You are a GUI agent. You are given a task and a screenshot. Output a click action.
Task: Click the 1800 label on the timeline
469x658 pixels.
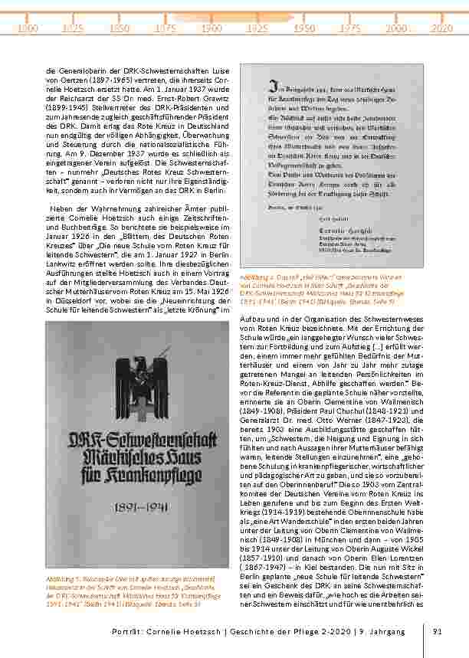(x=28, y=28)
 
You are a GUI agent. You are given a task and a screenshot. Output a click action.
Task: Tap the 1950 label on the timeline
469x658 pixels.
(x=305, y=28)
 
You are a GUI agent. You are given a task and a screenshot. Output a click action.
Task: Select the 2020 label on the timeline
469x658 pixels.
(x=442, y=28)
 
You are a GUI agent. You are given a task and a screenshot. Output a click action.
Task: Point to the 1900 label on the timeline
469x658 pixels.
(x=212, y=28)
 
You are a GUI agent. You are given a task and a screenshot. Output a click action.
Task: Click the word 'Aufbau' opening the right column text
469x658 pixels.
(x=253, y=316)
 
